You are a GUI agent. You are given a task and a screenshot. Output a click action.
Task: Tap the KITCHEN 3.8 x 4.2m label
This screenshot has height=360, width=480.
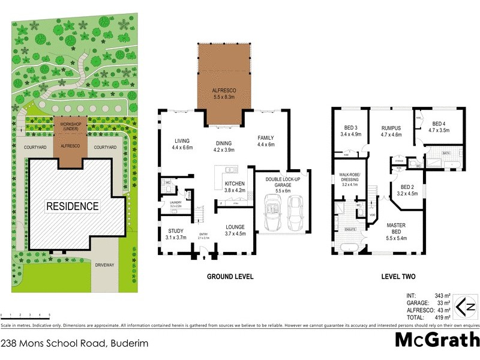click(235, 187)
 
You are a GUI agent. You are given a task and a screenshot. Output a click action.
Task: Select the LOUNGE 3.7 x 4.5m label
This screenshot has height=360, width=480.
click(235, 230)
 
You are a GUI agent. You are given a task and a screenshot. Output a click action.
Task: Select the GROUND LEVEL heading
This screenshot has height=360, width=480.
click(230, 277)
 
